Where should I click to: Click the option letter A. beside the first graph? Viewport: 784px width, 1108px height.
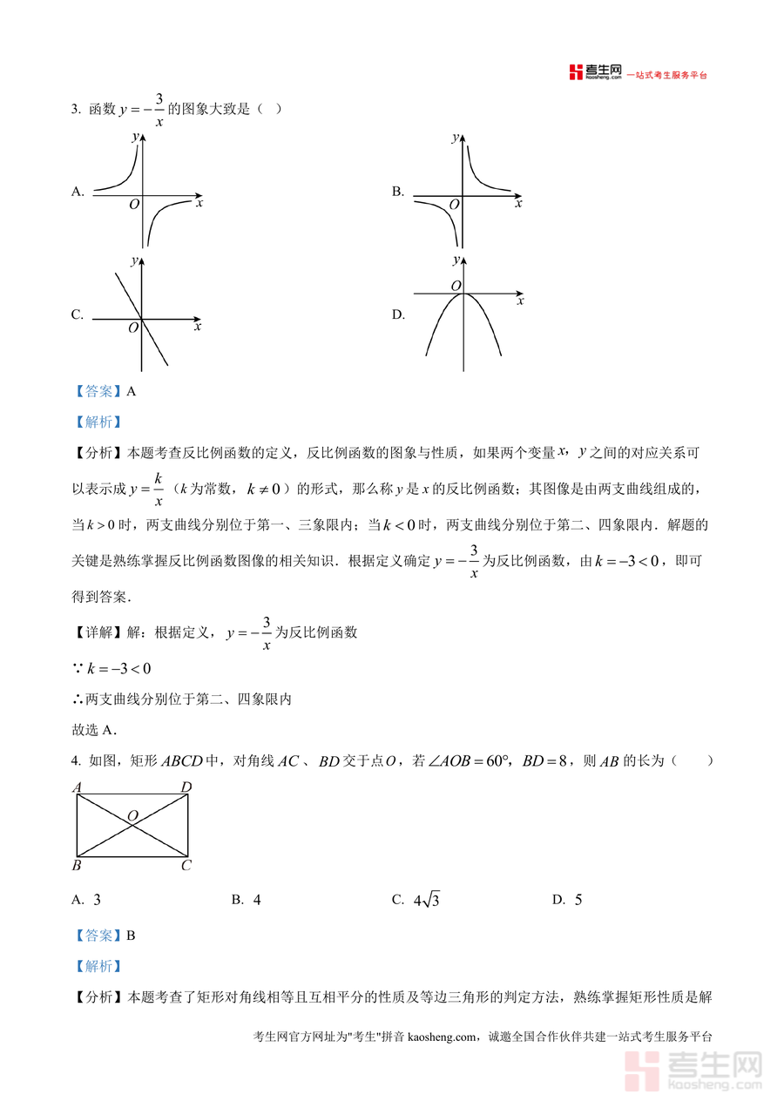[x=78, y=193]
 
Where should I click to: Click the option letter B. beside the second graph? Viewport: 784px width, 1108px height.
[x=398, y=193]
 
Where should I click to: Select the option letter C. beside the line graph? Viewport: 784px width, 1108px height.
[x=78, y=315]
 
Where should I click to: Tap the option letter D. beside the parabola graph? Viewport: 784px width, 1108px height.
[x=398, y=315]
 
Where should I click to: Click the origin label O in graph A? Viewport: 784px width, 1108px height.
[x=133, y=205]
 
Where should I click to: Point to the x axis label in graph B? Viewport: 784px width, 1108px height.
[x=518, y=204]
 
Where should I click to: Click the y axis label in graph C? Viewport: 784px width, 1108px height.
[x=134, y=260]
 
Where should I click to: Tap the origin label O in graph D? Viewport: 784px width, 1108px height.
[x=456, y=286]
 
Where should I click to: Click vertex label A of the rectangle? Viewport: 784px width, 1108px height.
[x=77, y=787]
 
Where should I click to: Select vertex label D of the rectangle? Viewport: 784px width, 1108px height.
[x=186, y=787]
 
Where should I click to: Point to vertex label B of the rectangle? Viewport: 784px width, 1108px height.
[x=77, y=866]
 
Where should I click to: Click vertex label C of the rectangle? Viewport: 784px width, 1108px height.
[x=186, y=866]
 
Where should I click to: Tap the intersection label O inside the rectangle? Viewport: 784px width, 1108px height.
[x=132, y=815]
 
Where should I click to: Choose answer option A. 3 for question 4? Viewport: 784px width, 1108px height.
[x=87, y=900]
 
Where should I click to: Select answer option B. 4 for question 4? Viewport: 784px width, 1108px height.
[x=247, y=900]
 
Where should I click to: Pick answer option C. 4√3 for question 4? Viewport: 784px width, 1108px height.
[x=416, y=900]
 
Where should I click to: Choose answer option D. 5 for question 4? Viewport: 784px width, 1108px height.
[x=567, y=900]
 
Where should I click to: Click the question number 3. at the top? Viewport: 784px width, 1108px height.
[x=76, y=109]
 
